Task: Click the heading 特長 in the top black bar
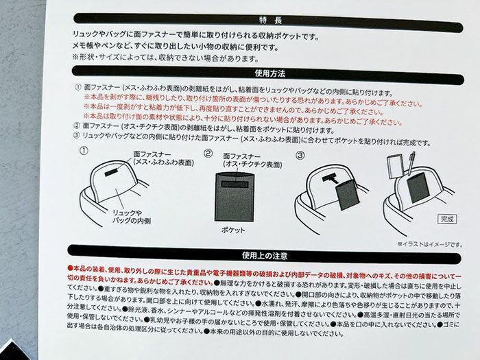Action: click(x=258, y=21)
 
